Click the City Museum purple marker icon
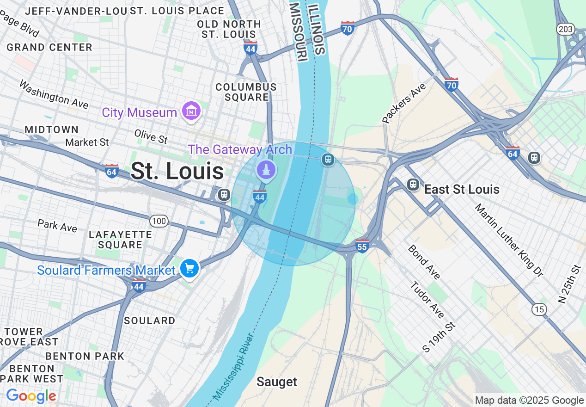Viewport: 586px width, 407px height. coord(191,111)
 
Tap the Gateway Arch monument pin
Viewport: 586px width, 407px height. coord(266,170)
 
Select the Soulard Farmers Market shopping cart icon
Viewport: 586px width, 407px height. coord(189,268)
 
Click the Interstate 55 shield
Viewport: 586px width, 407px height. coord(362,246)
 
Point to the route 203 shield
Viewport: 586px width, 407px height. coord(565,29)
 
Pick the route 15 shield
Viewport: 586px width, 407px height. coord(539,309)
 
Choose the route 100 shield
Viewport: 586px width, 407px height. coord(159,221)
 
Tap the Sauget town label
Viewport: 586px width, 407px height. coord(277,382)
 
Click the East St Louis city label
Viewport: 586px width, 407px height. coord(462,189)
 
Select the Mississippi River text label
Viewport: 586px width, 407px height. coord(233,367)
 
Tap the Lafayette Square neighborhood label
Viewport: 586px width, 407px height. coord(120,240)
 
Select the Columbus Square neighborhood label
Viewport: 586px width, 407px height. coord(246,92)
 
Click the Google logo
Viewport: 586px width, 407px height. coord(31,396)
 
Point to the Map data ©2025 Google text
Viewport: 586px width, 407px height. coord(529,400)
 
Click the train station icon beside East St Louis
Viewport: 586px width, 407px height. coord(413,185)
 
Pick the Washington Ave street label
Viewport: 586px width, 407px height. coord(54,94)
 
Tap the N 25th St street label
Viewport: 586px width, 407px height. coord(569,284)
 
